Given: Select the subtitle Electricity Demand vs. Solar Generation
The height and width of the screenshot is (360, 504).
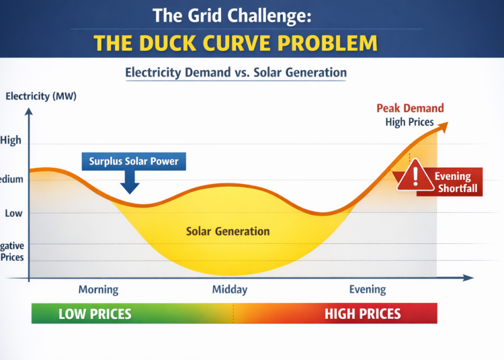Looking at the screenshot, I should [x=235, y=72].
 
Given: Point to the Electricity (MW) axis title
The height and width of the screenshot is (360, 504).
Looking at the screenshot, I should [x=40, y=96].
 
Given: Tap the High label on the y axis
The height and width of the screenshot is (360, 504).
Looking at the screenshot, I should [x=11, y=140].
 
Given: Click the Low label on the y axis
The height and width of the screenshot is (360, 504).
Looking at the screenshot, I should [x=13, y=213].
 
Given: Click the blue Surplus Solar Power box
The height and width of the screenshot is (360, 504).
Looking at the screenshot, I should [x=134, y=161].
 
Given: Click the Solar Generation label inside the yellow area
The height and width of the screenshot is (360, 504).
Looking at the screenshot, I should [x=227, y=232].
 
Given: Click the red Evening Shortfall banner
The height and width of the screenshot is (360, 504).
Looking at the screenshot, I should [x=454, y=182].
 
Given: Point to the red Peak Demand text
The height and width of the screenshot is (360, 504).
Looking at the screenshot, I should [x=410, y=109].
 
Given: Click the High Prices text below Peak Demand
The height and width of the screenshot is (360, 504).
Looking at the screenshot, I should [x=409, y=122].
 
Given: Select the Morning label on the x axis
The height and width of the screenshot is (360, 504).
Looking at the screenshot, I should [x=98, y=289].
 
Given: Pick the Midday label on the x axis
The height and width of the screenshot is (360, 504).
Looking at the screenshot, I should [x=230, y=289].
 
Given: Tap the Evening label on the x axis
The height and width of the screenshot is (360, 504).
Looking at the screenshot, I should [x=368, y=289].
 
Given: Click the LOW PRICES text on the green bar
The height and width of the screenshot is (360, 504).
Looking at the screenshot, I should [x=95, y=314].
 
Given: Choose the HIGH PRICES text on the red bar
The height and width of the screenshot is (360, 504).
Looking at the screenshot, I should [x=362, y=314].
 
